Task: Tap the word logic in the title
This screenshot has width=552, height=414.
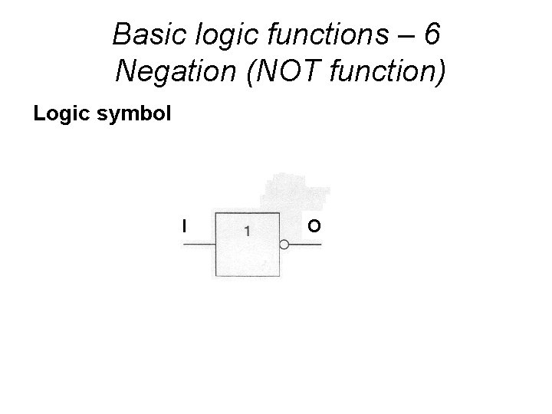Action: (x=221, y=34)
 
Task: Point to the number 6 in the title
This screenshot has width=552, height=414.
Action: (x=432, y=34)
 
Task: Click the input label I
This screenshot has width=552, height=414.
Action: (x=183, y=225)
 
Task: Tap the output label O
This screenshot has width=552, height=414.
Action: (x=314, y=225)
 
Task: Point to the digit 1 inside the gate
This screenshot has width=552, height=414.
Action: (x=247, y=229)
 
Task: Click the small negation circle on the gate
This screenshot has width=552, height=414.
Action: (x=284, y=245)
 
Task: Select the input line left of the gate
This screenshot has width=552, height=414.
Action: (x=198, y=245)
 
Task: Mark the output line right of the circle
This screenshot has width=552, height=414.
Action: (x=305, y=245)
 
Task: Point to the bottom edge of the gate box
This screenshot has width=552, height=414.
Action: (x=247, y=276)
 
